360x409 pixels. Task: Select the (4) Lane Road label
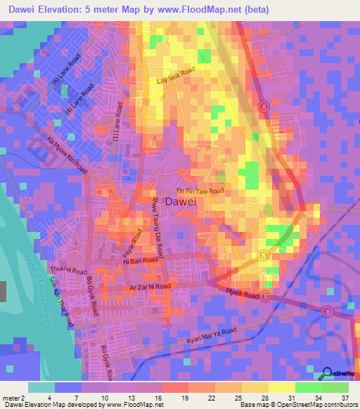[79, 100]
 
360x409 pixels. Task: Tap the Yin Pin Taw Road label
[200, 191]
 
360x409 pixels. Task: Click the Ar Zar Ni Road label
[150, 287]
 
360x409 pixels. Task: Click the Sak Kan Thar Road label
[62, 306]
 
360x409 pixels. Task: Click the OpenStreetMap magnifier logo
[328, 373]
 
